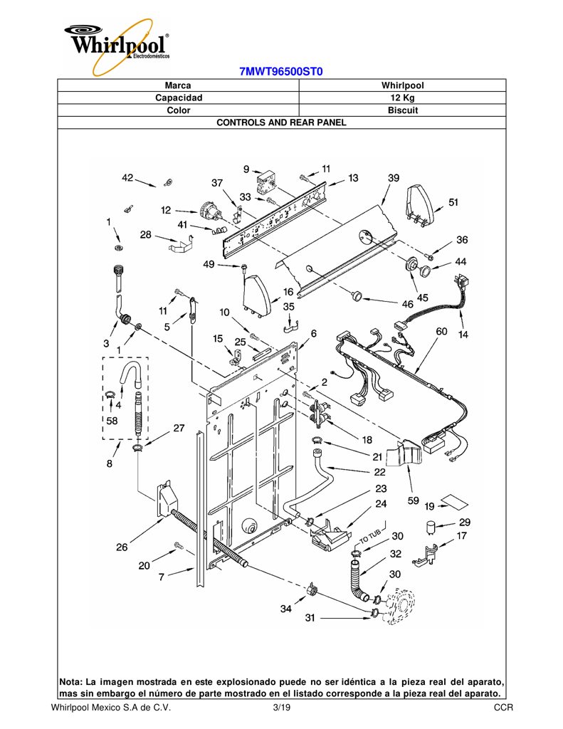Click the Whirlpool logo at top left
click(117, 45)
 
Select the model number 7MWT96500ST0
click(281, 72)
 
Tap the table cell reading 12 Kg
click(402, 98)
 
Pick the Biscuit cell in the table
click(403, 110)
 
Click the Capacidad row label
click(179, 98)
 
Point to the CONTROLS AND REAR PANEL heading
click(281, 122)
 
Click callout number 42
click(127, 177)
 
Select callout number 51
click(453, 202)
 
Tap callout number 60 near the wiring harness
click(441, 331)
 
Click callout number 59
click(414, 500)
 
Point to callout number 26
click(121, 547)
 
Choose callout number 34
click(286, 609)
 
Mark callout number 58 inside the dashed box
click(112, 421)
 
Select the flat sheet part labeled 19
click(454, 502)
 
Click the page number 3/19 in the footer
click(282, 708)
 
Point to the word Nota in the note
click(70, 683)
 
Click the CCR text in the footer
click(504, 708)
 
